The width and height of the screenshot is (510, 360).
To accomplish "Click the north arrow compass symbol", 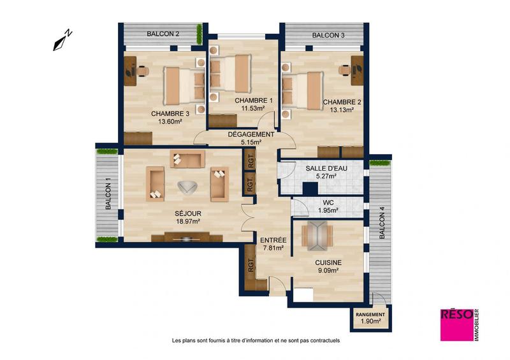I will tap(62, 40).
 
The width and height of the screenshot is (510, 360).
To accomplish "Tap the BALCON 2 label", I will tap(163, 34).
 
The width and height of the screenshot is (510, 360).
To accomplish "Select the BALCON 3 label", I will tap(328, 35).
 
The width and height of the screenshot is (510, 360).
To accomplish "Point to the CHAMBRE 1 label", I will tap(253, 101).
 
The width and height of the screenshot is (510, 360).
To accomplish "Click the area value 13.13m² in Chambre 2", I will tap(342, 110).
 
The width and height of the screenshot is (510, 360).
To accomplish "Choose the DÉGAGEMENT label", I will tap(251, 134).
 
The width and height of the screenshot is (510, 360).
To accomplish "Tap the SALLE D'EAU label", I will tap(325, 168).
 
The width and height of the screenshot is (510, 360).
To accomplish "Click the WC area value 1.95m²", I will tap(328, 210).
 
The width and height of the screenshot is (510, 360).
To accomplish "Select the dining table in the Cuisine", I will tap(316, 235).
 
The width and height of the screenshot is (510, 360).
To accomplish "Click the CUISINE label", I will tap(328, 262).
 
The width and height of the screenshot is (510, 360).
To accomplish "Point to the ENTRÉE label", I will tap(273, 240).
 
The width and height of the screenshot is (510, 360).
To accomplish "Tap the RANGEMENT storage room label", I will tap(370, 315).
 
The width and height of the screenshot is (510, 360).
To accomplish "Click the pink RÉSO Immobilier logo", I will tap(457, 324).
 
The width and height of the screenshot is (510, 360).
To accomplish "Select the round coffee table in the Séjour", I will tap(187, 187).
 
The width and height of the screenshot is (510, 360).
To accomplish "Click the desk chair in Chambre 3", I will tap(143, 71).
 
